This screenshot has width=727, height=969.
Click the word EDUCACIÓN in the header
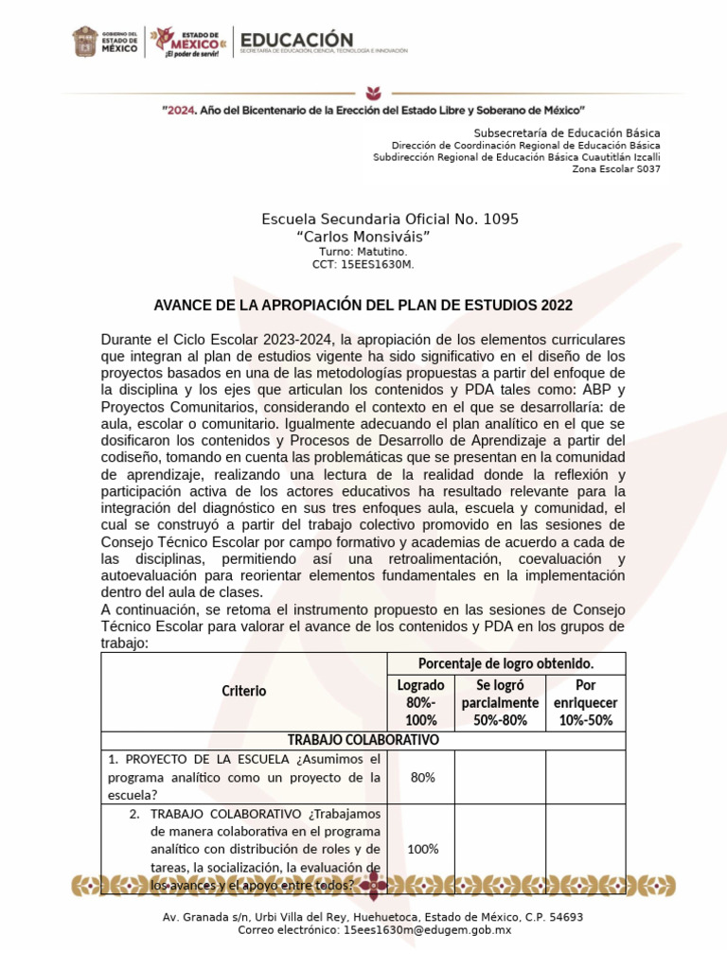point(297,39)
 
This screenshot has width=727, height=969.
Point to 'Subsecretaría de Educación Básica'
point(566,132)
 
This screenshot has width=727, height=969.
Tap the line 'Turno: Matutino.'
point(363,252)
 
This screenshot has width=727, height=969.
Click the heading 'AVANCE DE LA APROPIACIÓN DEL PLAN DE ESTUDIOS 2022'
point(363,306)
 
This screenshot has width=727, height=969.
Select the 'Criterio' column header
point(244,691)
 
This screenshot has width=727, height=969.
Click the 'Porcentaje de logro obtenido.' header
point(505,663)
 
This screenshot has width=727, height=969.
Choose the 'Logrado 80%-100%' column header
point(421,703)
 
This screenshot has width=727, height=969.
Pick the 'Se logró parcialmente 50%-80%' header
point(500,703)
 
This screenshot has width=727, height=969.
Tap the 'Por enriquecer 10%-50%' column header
point(585,703)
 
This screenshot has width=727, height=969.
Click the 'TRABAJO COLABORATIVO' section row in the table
point(363,740)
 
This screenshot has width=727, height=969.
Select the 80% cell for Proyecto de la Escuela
point(421,777)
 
